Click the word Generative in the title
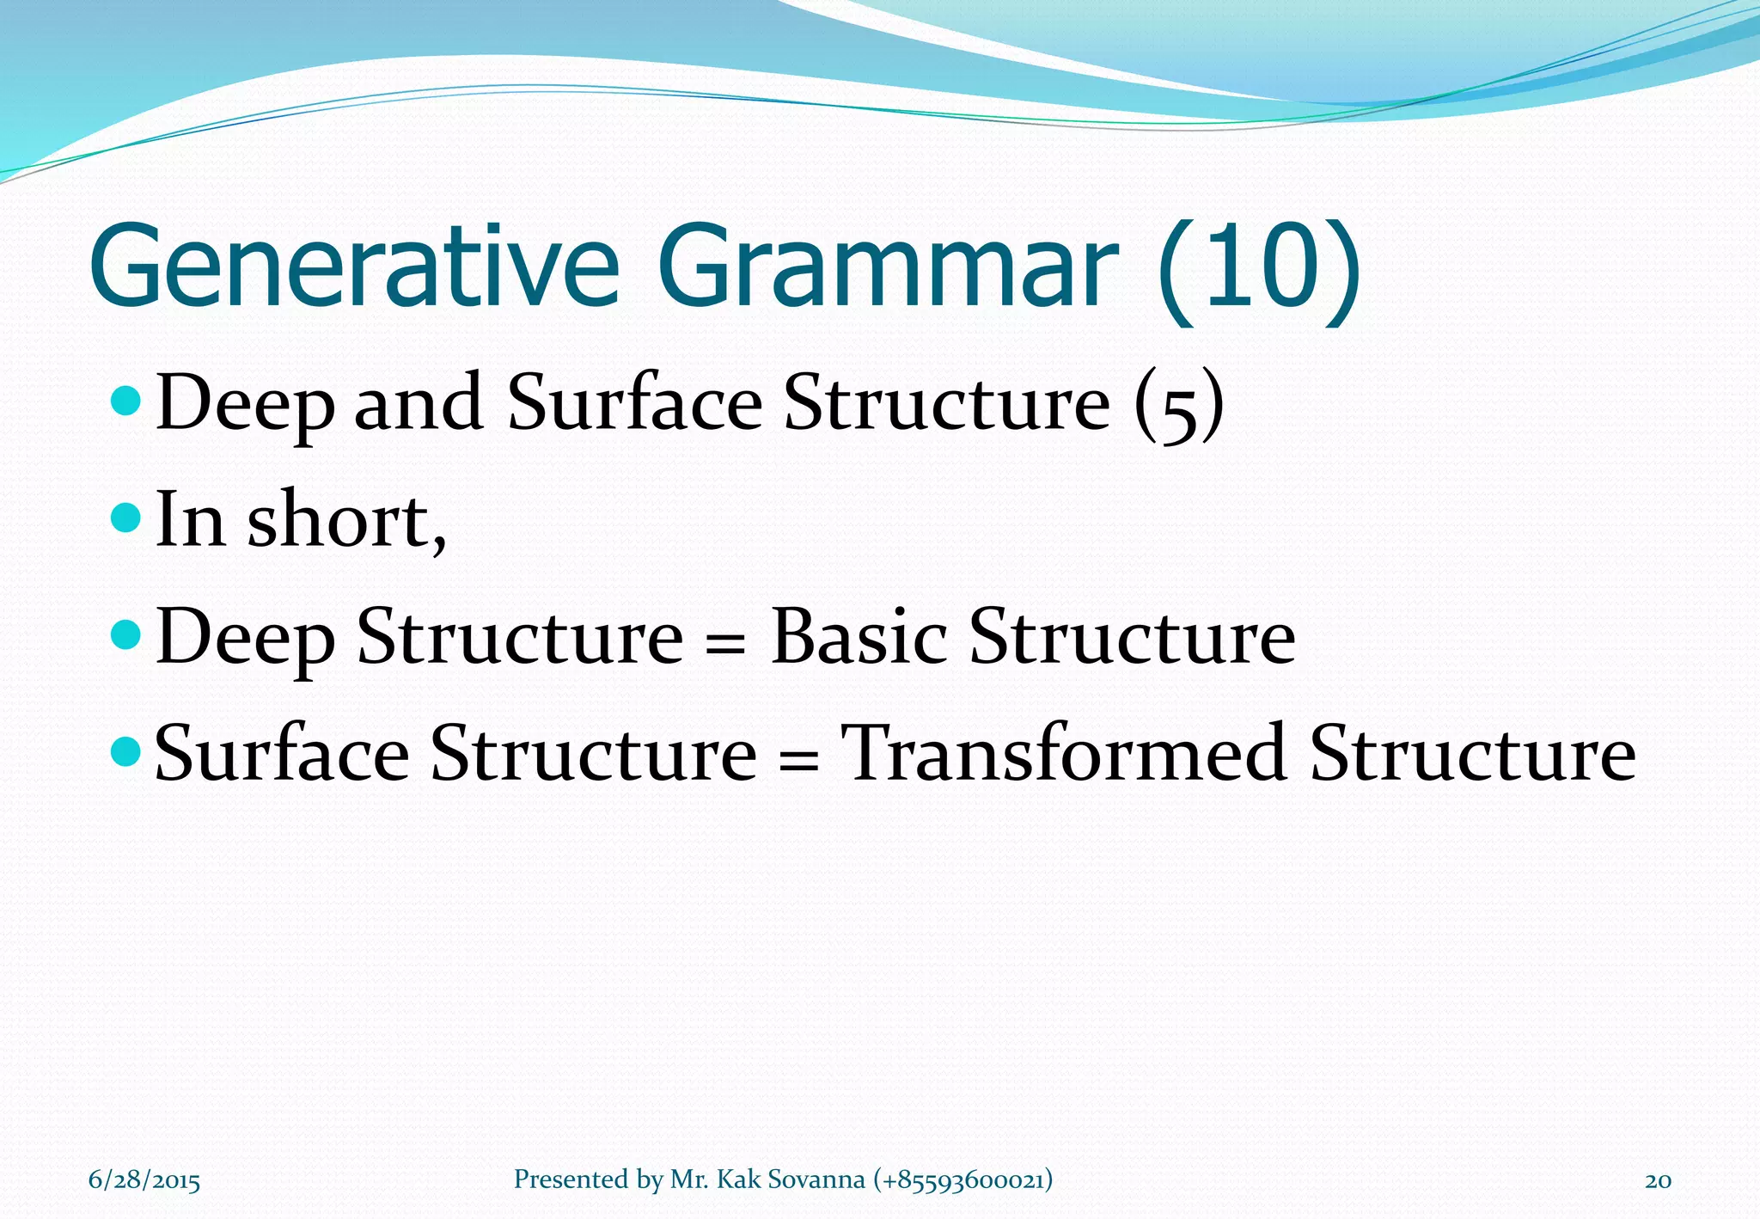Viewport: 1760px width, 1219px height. [353, 266]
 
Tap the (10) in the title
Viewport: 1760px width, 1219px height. [1259, 271]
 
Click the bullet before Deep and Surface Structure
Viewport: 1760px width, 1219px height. [126, 401]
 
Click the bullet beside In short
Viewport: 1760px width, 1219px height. [126, 518]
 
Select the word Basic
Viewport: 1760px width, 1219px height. [859, 637]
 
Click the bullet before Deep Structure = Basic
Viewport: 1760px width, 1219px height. [126, 635]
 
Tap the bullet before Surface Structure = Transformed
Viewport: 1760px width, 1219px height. [126, 752]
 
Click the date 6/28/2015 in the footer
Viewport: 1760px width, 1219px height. [144, 1180]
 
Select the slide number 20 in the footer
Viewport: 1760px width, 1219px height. [1658, 1180]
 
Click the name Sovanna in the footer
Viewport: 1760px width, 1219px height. [816, 1179]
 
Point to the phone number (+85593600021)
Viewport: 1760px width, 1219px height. [962, 1179]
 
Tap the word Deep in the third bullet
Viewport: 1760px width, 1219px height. [245, 639]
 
